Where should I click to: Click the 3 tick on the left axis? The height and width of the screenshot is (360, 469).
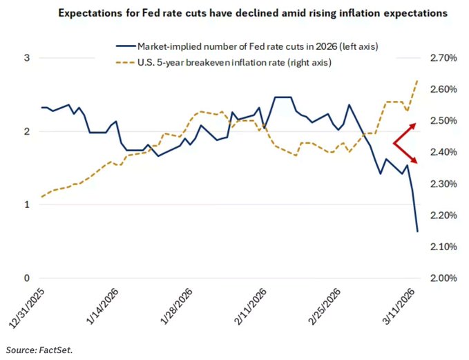[x=28, y=58]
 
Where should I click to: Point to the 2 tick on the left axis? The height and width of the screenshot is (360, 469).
[x=28, y=131]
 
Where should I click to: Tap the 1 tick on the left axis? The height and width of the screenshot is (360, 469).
[x=28, y=205]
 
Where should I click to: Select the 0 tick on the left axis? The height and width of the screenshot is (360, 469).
[x=28, y=278]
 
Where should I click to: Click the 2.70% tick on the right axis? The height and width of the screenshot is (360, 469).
[x=443, y=58]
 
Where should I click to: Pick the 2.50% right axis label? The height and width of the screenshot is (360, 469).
[x=443, y=121]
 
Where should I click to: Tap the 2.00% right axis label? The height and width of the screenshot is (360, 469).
[x=443, y=278]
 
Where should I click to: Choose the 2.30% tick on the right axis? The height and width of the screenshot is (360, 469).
[x=443, y=184]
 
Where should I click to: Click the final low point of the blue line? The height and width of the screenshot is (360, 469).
[x=417, y=231]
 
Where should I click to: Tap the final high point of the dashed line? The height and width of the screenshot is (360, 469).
[x=417, y=81]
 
